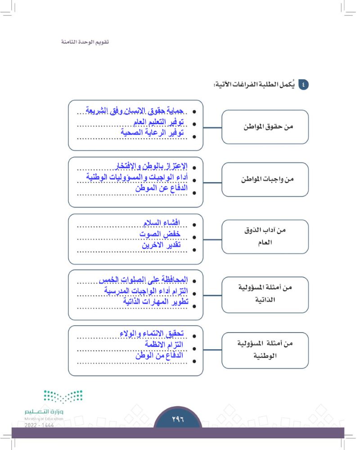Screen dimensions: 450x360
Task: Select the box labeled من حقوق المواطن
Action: point(265,127)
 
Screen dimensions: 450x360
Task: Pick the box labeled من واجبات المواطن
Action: point(265,179)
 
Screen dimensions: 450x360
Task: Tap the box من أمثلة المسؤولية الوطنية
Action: point(265,349)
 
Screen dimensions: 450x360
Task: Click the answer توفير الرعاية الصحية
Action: point(153,133)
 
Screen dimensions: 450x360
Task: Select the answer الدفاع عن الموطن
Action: point(161,188)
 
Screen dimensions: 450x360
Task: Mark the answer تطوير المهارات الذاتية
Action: point(155,302)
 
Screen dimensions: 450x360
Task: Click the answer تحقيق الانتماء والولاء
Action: point(153,333)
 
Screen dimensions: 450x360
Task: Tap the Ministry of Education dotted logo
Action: point(63,397)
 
